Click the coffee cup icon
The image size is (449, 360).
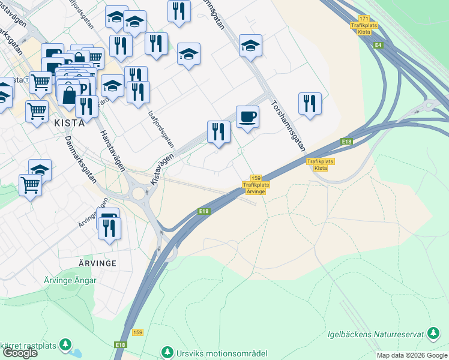click(x=247, y=116)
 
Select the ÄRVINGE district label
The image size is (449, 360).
click(x=96, y=263)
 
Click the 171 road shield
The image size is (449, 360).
click(x=363, y=19)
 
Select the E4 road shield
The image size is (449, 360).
click(x=378, y=46)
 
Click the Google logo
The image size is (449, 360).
click(x=19, y=353)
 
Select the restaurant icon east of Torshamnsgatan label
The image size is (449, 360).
click(x=310, y=103)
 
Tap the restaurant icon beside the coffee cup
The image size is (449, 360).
click(x=218, y=131)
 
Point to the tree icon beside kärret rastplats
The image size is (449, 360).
click(x=65, y=345)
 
